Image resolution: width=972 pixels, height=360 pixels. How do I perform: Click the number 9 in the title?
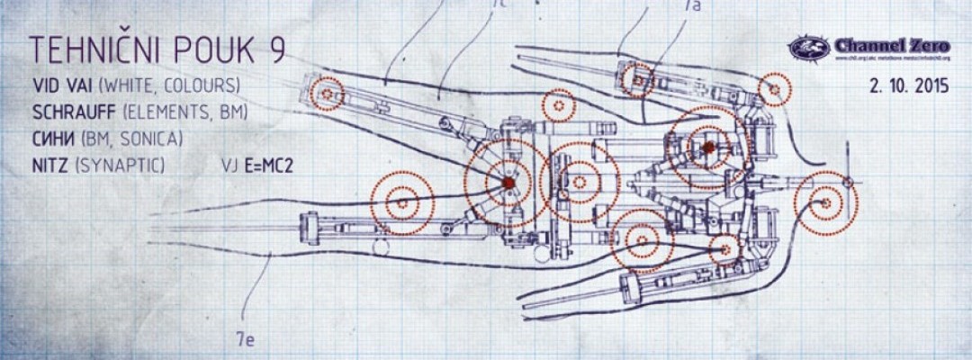click(276, 51)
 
